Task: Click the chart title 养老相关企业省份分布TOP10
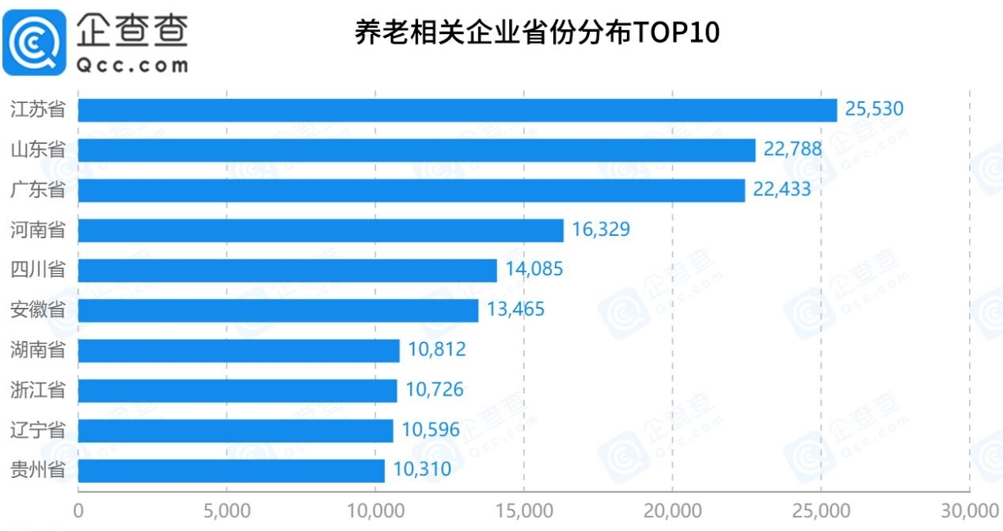537,34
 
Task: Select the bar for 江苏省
457,110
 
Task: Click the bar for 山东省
416,150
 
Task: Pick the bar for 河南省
321,230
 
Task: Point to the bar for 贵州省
231,471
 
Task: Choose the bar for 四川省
287,271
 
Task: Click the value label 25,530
874,109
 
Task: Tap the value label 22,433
782,190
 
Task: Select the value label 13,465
515,309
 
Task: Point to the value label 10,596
431,430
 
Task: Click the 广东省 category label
38,190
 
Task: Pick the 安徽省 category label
38,310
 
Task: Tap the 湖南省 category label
38,350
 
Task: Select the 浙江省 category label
38,390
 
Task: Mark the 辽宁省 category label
38,430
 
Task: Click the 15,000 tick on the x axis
524,510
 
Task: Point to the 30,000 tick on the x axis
967,510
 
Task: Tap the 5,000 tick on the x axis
227,510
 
